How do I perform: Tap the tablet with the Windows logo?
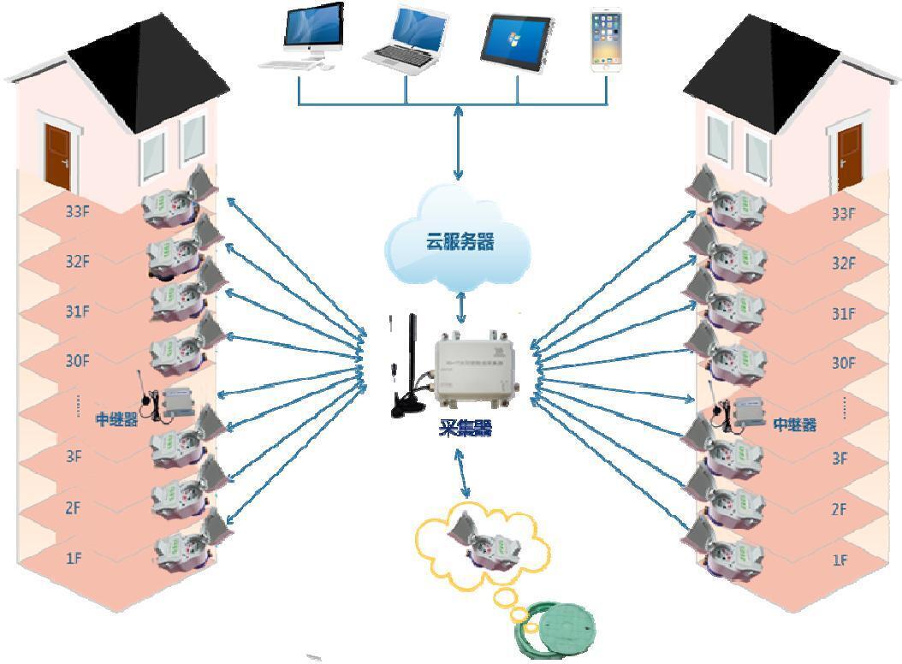point(517,39)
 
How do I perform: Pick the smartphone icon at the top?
point(607,39)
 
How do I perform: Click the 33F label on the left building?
point(78,211)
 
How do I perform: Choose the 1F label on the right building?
point(840,560)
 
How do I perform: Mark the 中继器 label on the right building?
point(793,424)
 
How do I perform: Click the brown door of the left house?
point(58,156)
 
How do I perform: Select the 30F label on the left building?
point(78,360)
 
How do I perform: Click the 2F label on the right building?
point(840,509)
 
